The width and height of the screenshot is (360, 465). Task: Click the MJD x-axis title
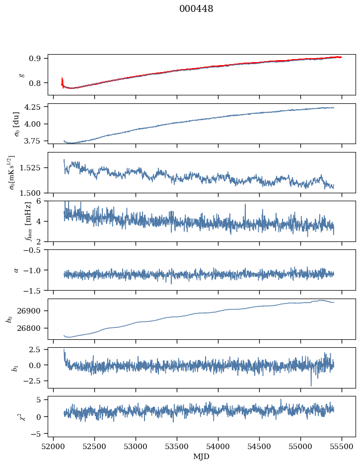coord(201,457)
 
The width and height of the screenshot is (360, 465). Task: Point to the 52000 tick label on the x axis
coord(54,447)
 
